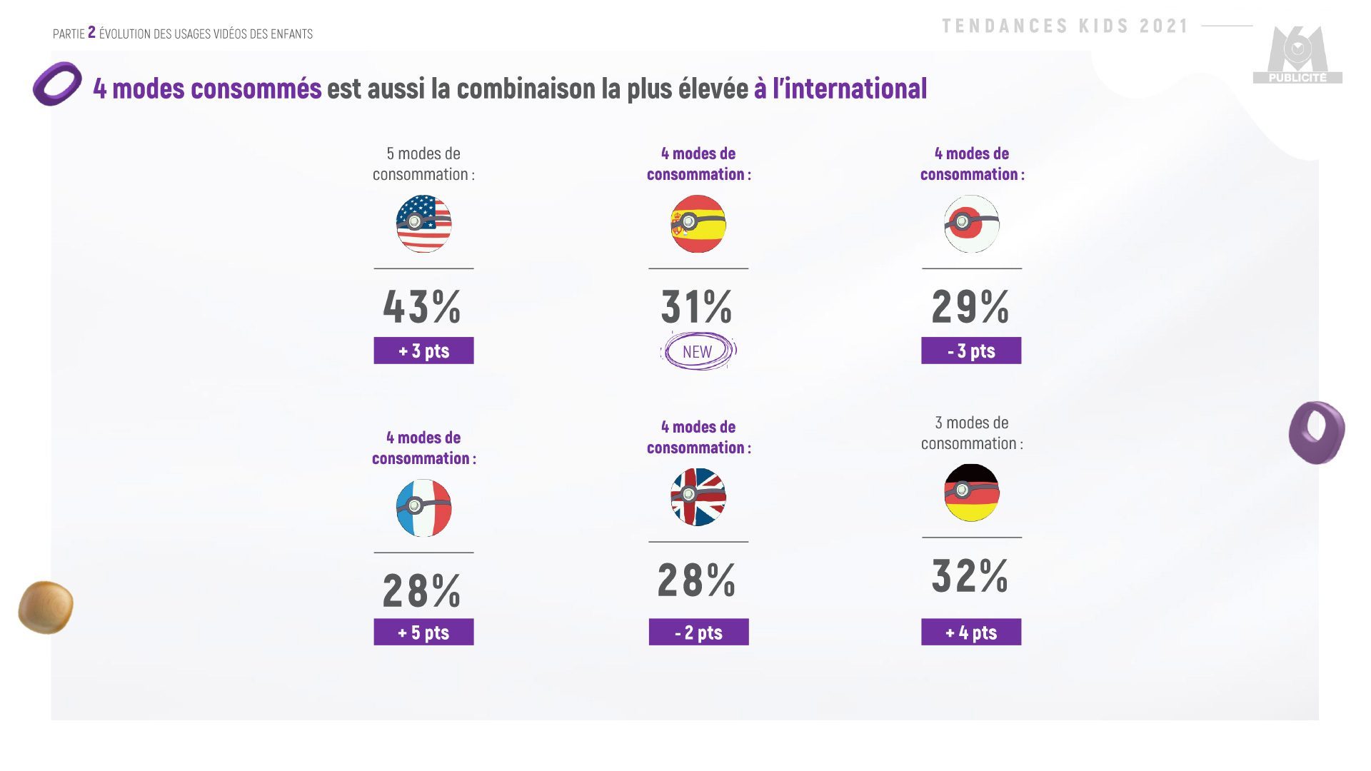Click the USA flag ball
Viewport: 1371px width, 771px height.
pos(423,223)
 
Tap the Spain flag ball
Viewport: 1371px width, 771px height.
pos(698,223)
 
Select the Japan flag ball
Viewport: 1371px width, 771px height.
pos(971,223)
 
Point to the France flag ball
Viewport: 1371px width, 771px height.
pos(423,508)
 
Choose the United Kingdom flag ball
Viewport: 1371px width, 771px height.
pos(698,497)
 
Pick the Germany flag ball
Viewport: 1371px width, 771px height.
pos(971,493)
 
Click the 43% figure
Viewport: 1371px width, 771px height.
pos(422,307)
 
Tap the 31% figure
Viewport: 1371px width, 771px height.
pos(696,307)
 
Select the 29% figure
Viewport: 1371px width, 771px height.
pos(970,307)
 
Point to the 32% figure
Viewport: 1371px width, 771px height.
pos(970,576)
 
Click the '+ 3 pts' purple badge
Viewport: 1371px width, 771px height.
pos(423,351)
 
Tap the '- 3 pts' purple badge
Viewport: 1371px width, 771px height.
pos(971,351)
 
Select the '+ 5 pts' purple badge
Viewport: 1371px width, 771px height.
pos(423,632)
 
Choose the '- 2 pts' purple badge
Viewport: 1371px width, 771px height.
pos(698,632)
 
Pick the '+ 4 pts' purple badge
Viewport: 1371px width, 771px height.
pos(971,632)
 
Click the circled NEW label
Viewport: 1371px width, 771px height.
pos(698,351)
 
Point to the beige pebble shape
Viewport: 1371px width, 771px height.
pos(46,608)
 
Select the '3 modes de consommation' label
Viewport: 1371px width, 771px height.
pos(972,433)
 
